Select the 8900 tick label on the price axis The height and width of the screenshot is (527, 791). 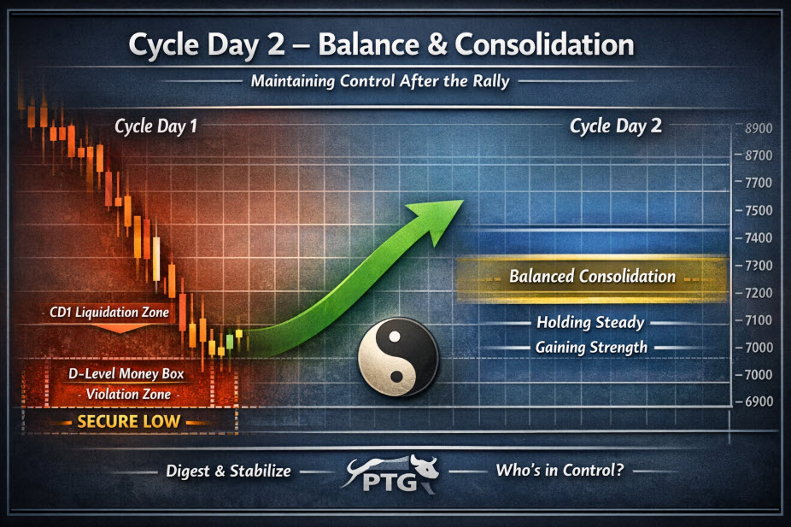pos(759,128)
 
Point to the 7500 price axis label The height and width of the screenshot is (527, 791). pos(759,210)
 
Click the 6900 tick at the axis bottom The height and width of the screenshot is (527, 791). pos(759,401)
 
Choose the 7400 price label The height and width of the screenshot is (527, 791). pos(759,237)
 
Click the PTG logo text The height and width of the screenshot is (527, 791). pos(390,482)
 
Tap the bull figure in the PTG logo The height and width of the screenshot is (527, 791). pos(423,467)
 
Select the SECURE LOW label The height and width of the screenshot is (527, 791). pos(129,421)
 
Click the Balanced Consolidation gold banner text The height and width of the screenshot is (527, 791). pos(592,277)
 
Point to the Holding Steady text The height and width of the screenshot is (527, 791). pos(590,322)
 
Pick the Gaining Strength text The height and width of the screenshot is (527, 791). pos(591,348)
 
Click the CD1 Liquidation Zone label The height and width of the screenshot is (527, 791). pos(109,312)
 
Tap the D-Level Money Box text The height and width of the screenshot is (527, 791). pos(126,374)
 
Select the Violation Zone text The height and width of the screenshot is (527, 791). pos(128,394)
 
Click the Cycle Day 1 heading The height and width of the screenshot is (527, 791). pos(155,126)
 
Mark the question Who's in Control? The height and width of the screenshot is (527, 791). pos(560,470)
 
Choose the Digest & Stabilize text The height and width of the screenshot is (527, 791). pos(229,471)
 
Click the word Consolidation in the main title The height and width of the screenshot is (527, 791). pos(544,44)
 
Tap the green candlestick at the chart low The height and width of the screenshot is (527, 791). pos(230,342)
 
